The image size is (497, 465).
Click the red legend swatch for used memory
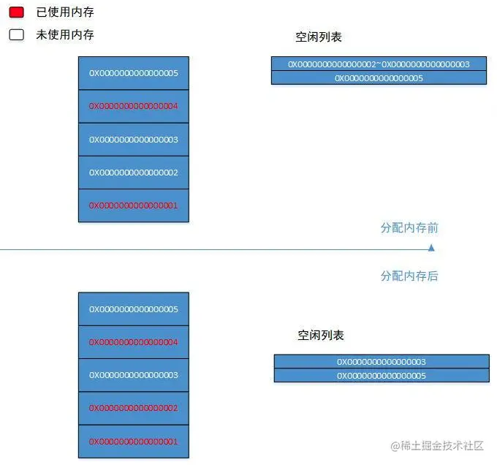pyautogui.click(x=16, y=12)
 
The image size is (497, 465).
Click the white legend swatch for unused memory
pyautogui.click(x=16, y=34)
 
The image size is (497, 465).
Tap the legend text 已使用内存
pyautogui.click(x=65, y=12)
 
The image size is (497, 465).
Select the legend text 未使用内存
pyautogui.click(x=65, y=34)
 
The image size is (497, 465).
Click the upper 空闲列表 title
pyautogui.click(x=319, y=37)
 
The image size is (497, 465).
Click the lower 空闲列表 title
pyautogui.click(x=320, y=335)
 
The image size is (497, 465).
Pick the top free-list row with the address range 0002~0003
pyautogui.click(x=379, y=64)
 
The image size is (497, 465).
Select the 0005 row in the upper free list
pyautogui.click(x=379, y=77)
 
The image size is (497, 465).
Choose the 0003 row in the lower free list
pyautogui.click(x=381, y=361)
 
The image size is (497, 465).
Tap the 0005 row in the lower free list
pyautogui.click(x=381, y=375)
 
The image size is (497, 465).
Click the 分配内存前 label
pyautogui.click(x=409, y=227)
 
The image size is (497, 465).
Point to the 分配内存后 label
pyautogui.click(x=409, y=276)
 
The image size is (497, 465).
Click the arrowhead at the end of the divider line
pyautogui.click(x=431, y=249)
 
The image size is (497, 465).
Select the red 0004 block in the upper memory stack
pyautogui.click(x=133, y=106)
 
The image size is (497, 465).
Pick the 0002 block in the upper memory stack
pyautogui.click(x=133, y=173)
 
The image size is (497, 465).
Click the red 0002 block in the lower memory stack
pyautogui.click(x=133, y=408)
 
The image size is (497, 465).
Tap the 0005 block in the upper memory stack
pyautogui.click(x=133, y=73)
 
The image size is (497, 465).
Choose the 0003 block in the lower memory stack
pyautogui.click(x=133, y=375)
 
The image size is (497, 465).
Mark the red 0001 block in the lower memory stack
pyautogui.click(x=133, y=442)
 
